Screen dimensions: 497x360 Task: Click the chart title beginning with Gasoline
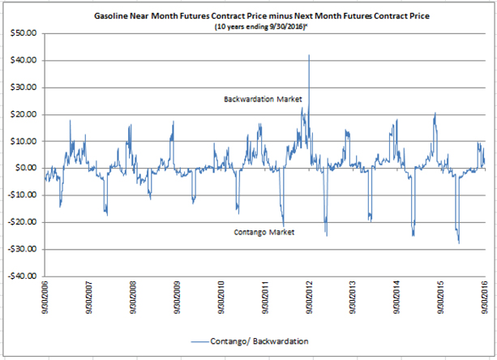pyautogui.click(x=262, y=16)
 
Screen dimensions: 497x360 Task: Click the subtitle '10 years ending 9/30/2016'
pyautogui.click(x=262, y=27)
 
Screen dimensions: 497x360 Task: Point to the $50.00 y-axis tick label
pyautogui.click(x=24, y=33)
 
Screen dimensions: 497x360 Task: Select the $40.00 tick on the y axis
pyautogui.click(x=24, y=60)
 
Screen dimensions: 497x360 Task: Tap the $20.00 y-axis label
pyautogui.click(x=24, y=114)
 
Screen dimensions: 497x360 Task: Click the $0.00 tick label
pyautogui.click(x=26, y=168)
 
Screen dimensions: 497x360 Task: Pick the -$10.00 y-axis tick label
pyautogui.click(x=22, y=195)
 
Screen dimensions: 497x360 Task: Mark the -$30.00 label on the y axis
pyautogui.click(x=22, y=249)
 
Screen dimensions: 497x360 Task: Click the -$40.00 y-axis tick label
pyautogui.click(x=22, y=276)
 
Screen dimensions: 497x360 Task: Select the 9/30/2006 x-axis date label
pyautogui.click(x=45, y=298)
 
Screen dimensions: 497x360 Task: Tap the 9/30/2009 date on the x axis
pyautogui.click(x=177, y=298)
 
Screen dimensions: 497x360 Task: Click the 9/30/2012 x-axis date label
pyautogui.click(x=309, y=298)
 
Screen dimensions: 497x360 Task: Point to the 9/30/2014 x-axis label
pyautogui.click(x=397, y=298)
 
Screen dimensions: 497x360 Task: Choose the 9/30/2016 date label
pyautogui.click(x=485, y=298)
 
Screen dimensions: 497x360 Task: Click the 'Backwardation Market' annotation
pyautogui.click(x=263, y=99)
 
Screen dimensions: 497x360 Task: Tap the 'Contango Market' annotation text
pyautogui.click(x=264, y=232)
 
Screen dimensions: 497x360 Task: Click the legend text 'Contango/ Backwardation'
pyautogui.click(x=259, y=341)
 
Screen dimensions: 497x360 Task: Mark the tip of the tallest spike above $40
pyautogui.click(x=309, y=55)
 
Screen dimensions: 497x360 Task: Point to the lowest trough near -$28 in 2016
pyautogui.click(x=459, y=243)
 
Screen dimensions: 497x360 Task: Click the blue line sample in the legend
pyautogui.click(x=200, y=341)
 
